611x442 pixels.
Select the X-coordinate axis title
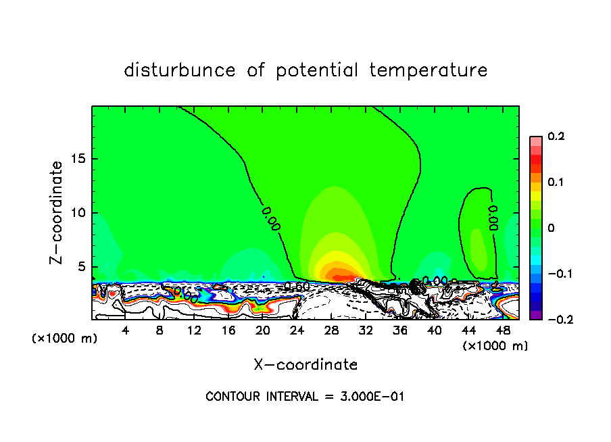305,365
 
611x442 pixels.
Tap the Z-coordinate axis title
57,212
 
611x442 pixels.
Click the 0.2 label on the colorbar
556,137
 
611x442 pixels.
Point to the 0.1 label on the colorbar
556,182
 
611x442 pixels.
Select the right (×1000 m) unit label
495,346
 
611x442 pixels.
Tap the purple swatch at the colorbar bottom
535,315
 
